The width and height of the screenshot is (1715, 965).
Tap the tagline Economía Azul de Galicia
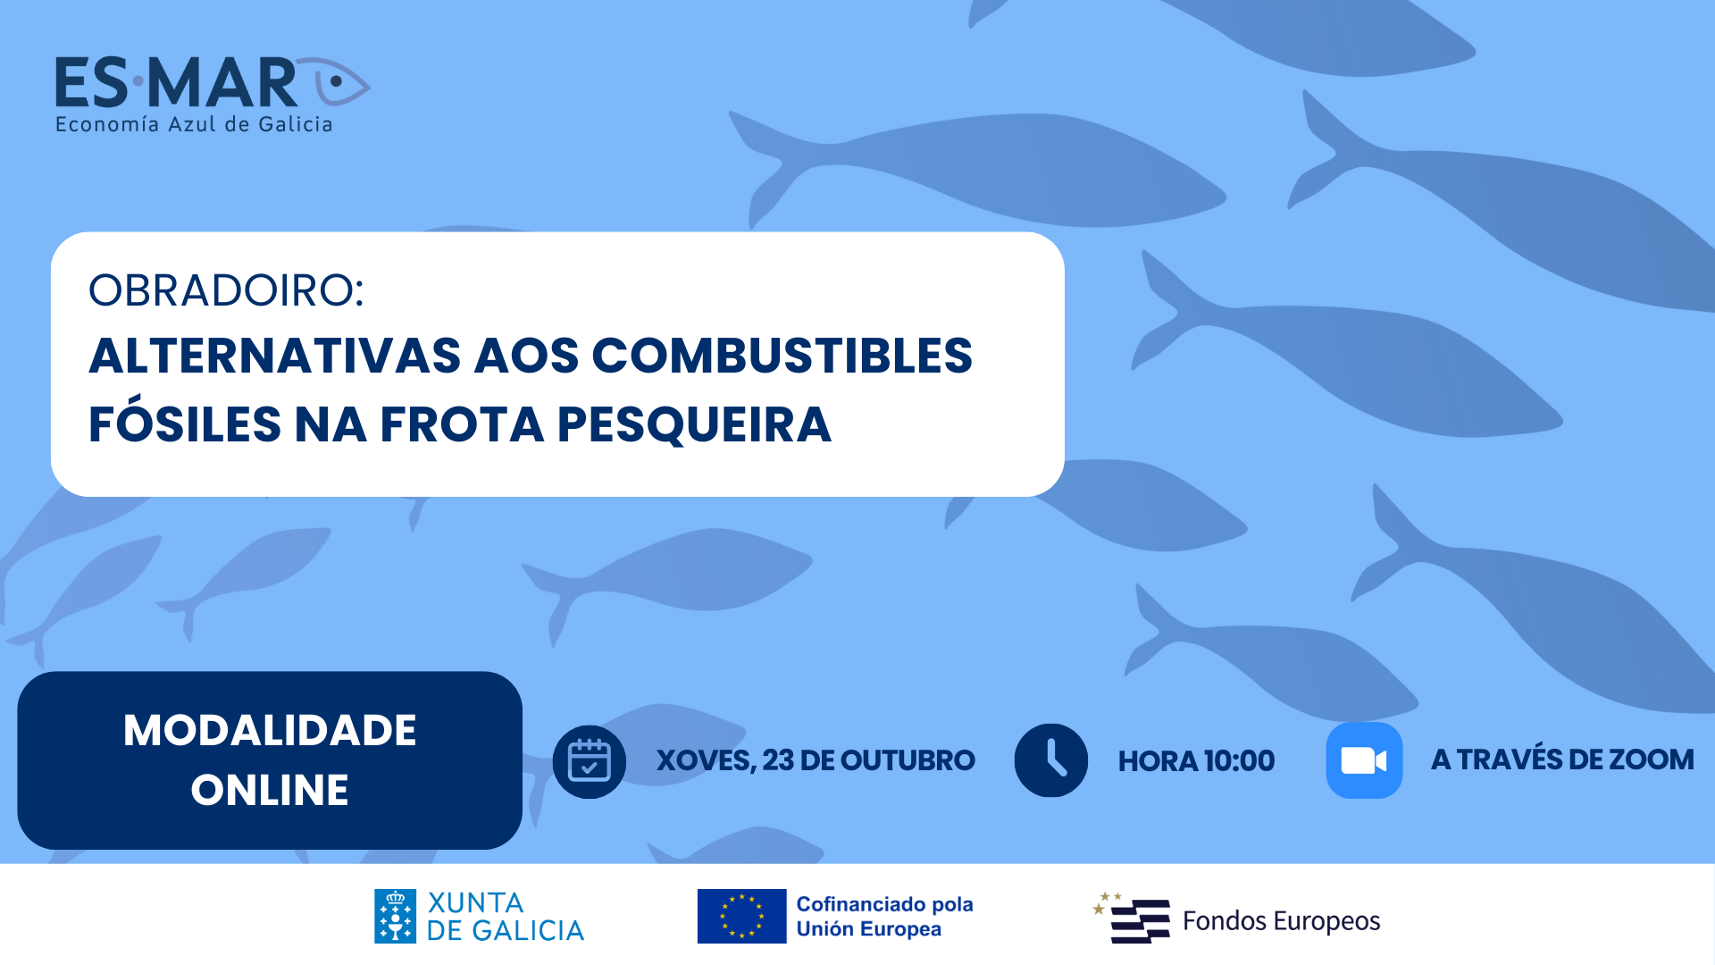pyautogui.click(x=194, y=124)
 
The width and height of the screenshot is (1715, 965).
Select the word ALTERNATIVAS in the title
pyautogui.click(x=275, y=356)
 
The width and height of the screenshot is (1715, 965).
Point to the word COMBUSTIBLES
pyautogui.click(x=782, y=356)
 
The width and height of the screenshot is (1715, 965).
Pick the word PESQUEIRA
pyautogui.click(x=694, y=424)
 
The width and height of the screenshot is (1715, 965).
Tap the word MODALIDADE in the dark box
pyautogui.click(x=270, y=730)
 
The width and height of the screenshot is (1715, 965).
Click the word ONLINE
pyautogui.click(x=270, y=790)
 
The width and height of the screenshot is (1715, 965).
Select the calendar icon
pyautogui.click(x=590, y=761)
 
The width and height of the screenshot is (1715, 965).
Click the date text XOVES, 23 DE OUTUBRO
pyautogui.click(x=816, y=760)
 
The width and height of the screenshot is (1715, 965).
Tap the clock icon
pyautogui.click(x=1051, y=760)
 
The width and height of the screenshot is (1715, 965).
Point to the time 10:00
pyautogui.click(x=1239, y=761)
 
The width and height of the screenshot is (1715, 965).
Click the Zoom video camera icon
pyautogui.click(x=1364, y=760)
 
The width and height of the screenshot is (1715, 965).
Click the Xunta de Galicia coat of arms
pyautogui.click(x=395, y=916)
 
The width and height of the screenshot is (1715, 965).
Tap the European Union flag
pyautogui.click(x=741, y=916)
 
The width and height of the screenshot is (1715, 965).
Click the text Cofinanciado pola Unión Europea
pyautogui.click(x=884, y=917)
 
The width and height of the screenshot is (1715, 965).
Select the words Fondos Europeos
pyautogui.click(x=1281, y=921)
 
